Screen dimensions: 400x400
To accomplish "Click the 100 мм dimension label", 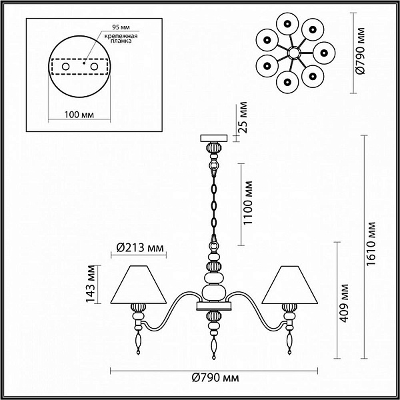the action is pyautogui.click(x=79, y=115).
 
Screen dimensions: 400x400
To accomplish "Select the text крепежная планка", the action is pyautogui.click(x=121, y=38).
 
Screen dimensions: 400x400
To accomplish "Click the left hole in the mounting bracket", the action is pyautogui.click(x=65, y=67).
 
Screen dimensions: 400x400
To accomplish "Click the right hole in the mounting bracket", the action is pyautogui.click(x=94, y=67).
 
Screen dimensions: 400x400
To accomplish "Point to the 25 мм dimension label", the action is pyautogui.click(x=243, y=117).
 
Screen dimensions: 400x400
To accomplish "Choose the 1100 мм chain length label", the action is pyautogui.click(x=248, y=203).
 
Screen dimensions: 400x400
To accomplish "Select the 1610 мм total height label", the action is pyautogui.click(x=371, y=243).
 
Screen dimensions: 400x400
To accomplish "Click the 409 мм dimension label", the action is pyautogui.click(x=344, y=303).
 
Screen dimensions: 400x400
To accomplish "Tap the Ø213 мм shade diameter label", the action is pyautogui.click(x=140, y=247).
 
